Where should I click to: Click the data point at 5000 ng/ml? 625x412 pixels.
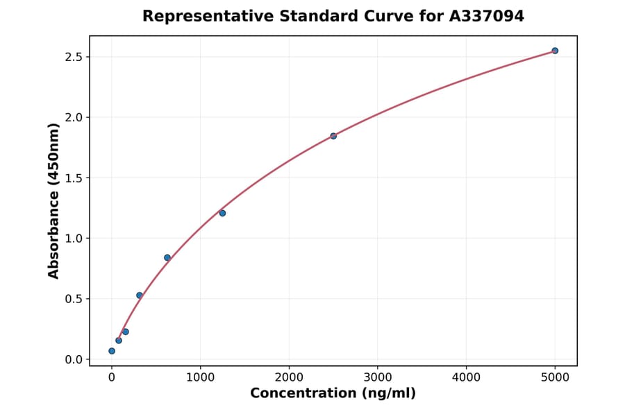555,51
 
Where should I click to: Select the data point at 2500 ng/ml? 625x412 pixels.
333,136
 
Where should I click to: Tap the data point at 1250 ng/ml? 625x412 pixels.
222,213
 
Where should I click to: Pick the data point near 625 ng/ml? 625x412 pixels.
167,257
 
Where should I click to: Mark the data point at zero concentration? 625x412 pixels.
112,351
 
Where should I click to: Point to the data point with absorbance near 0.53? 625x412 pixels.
140,295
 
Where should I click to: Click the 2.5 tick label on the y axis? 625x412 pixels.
73,57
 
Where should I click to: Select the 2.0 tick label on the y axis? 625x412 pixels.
73,117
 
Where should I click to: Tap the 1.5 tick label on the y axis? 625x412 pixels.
73,178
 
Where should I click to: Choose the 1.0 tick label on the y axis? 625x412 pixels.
73,239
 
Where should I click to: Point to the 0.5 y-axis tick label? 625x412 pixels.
73,299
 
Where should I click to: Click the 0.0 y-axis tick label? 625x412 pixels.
73,360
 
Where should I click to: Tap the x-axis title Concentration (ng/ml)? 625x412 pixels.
333,394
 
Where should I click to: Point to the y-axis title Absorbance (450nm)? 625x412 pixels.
54,200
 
